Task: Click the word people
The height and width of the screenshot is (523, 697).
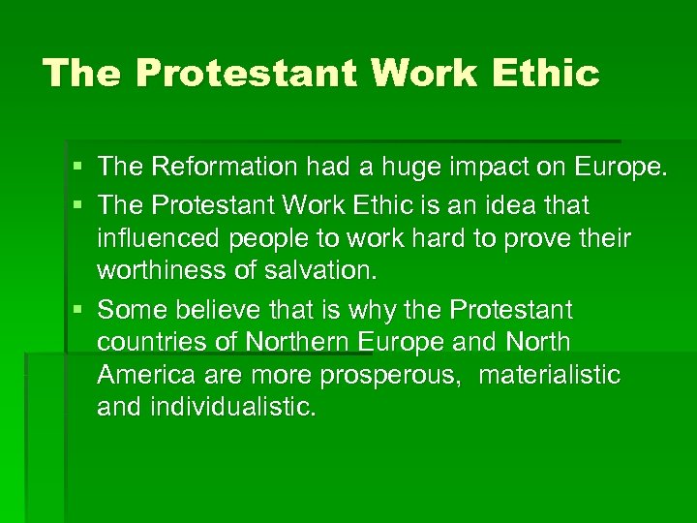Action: (267, 238)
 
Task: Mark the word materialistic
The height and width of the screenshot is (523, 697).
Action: (549, 375)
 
